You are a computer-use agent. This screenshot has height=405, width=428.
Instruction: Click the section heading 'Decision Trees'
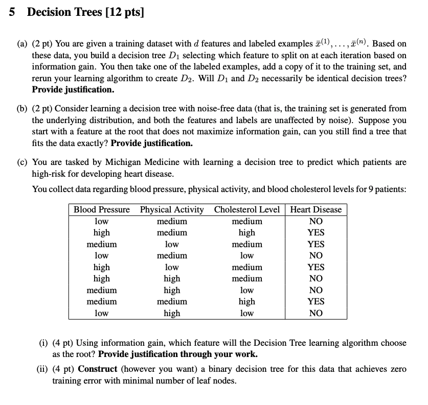[x=64, y=12]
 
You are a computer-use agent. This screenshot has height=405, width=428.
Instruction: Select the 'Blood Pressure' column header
[x=101, y=209]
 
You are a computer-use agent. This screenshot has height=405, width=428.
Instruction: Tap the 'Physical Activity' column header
[x=172, y=209]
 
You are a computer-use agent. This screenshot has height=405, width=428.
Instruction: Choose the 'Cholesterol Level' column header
[x=247, y=209]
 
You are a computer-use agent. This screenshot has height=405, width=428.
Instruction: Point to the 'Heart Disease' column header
[x=316, y=209]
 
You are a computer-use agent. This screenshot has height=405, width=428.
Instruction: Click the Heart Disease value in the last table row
[x=316, y=313]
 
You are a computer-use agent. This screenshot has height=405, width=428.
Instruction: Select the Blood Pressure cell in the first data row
[x=101, y=221]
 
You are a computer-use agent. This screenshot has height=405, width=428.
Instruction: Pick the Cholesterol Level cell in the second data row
[x=247, y=232]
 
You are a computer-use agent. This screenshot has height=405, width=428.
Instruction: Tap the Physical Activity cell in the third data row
[x=172, y=244]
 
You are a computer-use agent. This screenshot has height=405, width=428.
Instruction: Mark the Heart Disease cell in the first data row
[x=316, y=221]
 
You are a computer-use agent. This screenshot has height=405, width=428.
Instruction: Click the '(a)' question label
[x=22, y=44]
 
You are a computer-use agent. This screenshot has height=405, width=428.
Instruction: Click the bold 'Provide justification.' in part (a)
[x=73, y=89]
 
